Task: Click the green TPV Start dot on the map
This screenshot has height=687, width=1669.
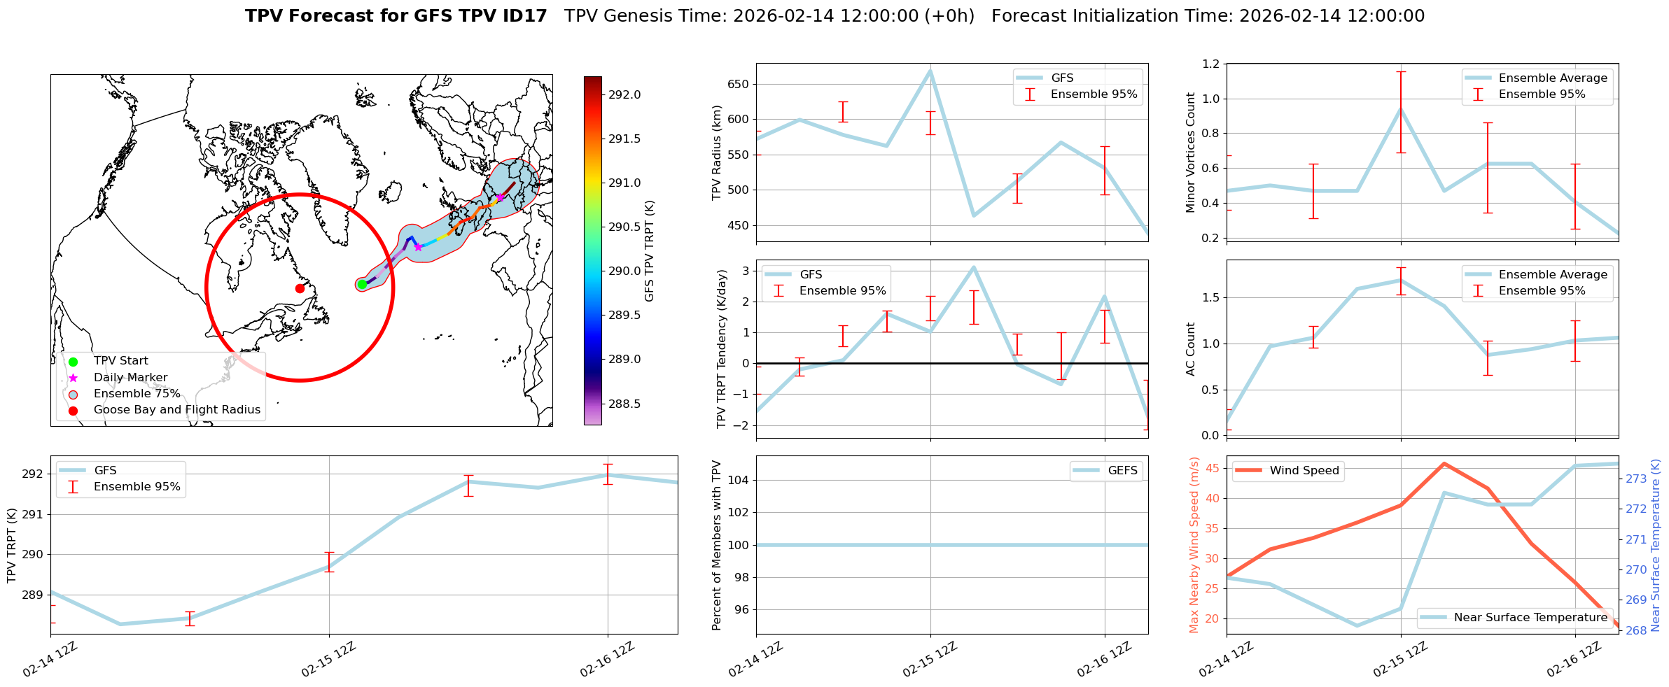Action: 362,284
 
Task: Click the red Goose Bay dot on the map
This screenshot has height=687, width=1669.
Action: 300,288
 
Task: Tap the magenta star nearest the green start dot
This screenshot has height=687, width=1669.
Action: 418,247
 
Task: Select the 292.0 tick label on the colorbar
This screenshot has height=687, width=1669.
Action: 624,94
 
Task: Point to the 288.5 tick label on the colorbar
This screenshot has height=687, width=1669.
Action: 624,404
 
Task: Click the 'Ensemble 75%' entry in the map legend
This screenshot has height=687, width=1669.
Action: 137,393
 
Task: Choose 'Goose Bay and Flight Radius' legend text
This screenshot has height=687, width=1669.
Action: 176,410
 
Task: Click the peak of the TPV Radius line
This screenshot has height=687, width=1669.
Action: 930,70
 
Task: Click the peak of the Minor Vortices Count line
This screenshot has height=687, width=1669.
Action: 1401,108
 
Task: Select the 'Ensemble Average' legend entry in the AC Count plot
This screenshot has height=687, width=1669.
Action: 1553,274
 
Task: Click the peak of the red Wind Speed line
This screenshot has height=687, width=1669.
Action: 1444,463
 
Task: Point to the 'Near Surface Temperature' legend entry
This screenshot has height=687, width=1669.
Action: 1530,617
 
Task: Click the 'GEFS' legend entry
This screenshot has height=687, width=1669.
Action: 1122,470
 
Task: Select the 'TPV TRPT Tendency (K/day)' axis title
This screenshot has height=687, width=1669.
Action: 722,348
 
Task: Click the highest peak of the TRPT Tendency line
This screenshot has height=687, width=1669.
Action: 974,267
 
